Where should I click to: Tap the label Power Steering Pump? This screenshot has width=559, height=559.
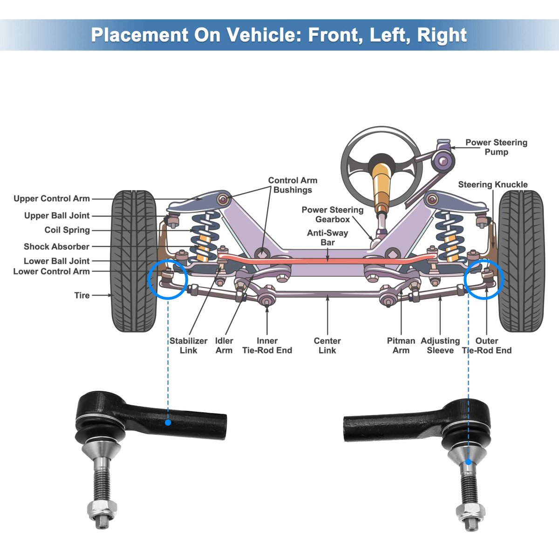tap(496, 147)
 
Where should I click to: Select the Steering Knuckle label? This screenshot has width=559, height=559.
tap(492, 184)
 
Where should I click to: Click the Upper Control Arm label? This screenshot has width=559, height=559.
tap(51, 198)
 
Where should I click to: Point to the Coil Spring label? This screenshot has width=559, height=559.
tap(67, 230)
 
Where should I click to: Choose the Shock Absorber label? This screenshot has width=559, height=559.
tap(56, 246)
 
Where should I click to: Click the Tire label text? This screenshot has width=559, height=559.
tap(82, 295)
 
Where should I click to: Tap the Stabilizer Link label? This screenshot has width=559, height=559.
tap(188, 346)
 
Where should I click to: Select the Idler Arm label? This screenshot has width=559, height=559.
tap(224, 346)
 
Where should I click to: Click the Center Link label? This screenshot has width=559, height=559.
tap(327, 346)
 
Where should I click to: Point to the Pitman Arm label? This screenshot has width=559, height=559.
tap(401, 346)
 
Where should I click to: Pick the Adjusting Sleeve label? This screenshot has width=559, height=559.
tap(440, 346)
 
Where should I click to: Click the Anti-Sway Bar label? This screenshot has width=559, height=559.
tap(327, 238)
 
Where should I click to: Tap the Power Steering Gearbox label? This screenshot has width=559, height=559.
tap(332, 214)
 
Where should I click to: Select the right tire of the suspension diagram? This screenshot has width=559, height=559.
tap(521, 261)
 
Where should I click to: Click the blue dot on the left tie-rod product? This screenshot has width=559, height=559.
tap(168, 423)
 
